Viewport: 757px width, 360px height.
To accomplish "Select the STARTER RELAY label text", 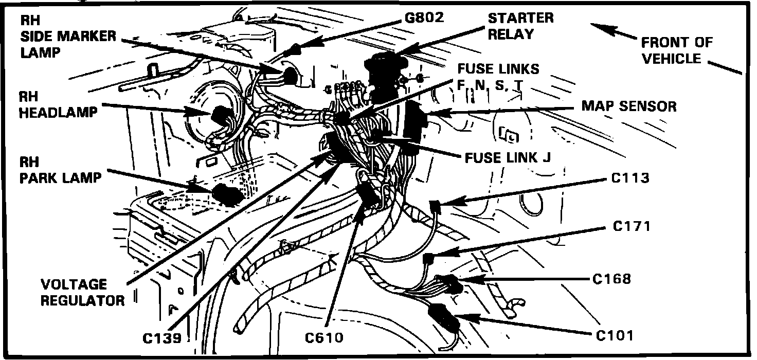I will pos(520,26).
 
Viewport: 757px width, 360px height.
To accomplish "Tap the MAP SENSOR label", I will pos(628,106).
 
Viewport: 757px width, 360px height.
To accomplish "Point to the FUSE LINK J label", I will pos(508,157).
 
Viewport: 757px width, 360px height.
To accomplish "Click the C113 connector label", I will pos(630,178).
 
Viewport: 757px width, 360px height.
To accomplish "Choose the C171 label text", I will pos(632,226).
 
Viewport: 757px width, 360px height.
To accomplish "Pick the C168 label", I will pos(611,279).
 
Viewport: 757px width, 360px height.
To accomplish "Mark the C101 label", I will pos(615,335).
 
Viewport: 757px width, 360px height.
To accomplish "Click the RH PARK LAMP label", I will pos(60,170).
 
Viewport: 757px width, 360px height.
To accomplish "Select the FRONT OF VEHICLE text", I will pos(677,50).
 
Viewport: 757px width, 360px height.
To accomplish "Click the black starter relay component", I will pos(385,75).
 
